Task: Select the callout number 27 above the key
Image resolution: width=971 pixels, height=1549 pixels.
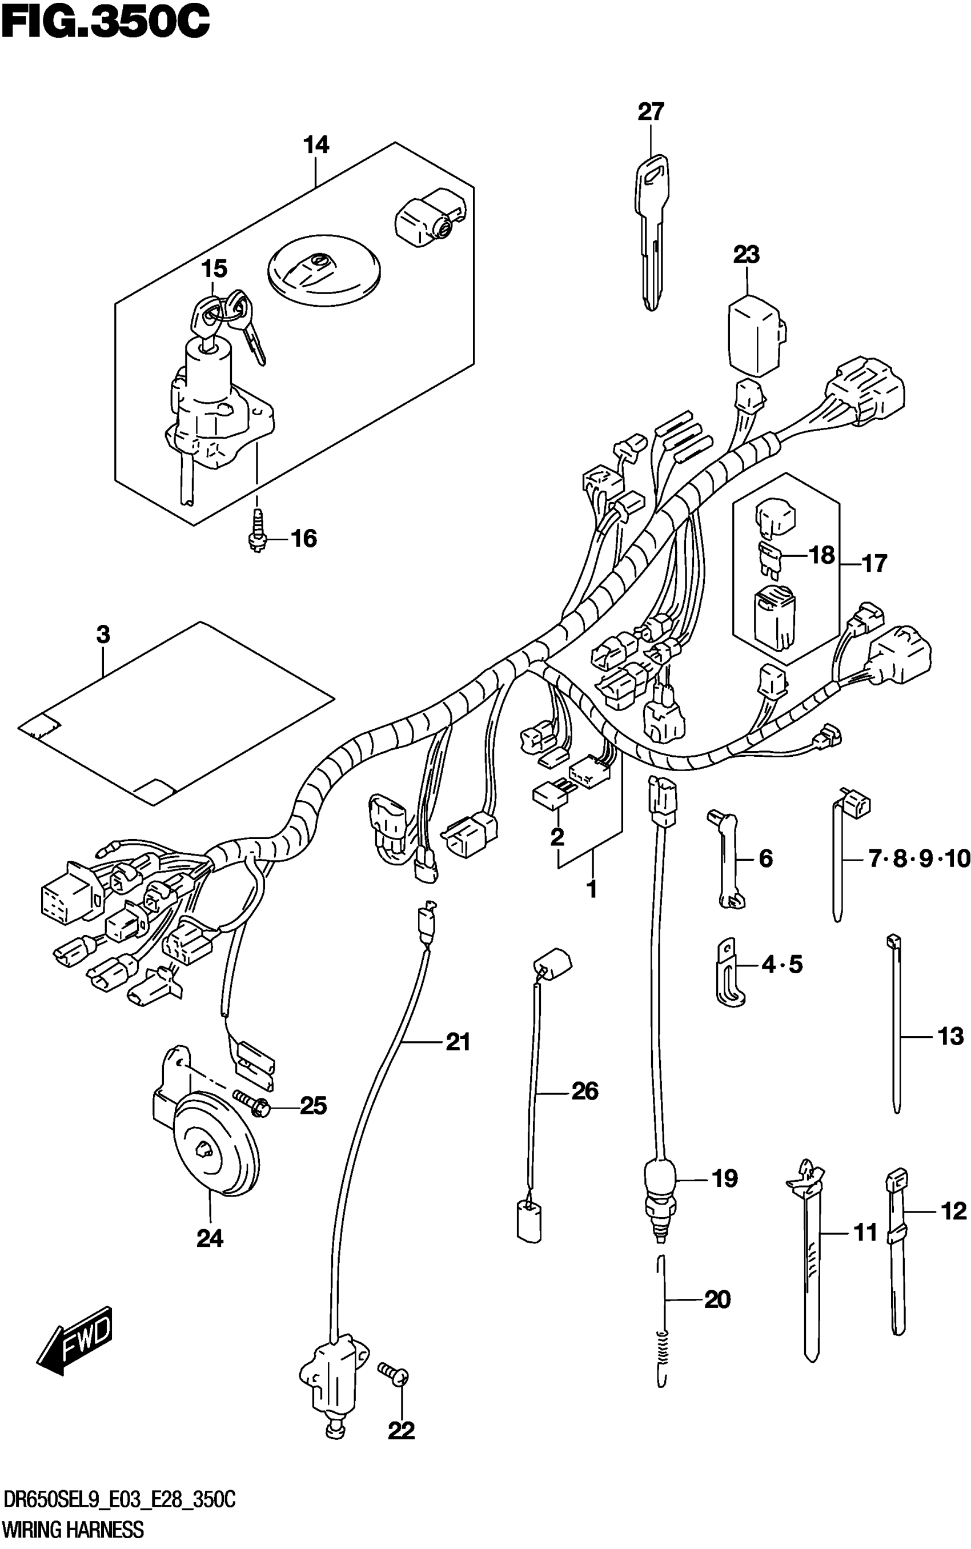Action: (x=650, y=112)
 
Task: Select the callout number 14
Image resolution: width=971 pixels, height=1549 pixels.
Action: (x=316, y=145)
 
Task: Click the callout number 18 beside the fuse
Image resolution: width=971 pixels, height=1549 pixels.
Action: (x=821, y=555)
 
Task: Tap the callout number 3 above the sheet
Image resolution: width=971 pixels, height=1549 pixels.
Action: (x=103, y=635)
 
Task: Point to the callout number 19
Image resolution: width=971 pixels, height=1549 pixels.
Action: (x=724, y=1178)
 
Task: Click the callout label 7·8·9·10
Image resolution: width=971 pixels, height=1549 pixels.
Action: (x=918, y=858)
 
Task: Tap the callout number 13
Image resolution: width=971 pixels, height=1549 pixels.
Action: (x=950, y=1036)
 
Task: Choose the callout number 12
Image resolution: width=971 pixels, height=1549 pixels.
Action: (x=953, y=1211)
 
